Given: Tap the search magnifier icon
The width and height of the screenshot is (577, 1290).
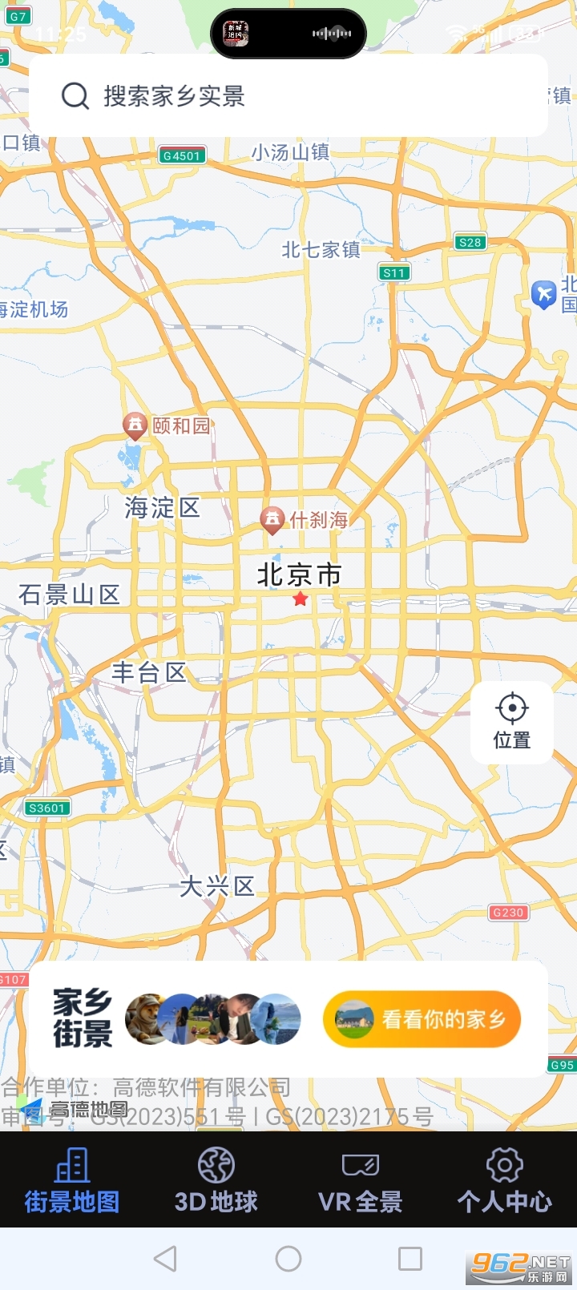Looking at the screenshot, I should pos(75,96).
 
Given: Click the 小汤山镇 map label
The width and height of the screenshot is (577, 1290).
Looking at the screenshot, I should pos(290,152).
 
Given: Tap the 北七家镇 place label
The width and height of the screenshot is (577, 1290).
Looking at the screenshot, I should pos(321,250).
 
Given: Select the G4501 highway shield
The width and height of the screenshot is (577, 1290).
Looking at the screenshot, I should pos(183,155).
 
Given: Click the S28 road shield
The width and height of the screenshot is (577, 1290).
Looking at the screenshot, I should pos(470,242).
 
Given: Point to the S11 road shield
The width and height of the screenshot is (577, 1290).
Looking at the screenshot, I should pos(394,272).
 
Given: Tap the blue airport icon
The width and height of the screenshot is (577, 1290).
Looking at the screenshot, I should pos(544,294).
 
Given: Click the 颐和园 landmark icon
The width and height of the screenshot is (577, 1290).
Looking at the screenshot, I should pos(135,425).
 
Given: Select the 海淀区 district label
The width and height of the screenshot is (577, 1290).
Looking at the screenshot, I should pos(162,508).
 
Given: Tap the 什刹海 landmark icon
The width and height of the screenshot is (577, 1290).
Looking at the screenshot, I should pos(272,519).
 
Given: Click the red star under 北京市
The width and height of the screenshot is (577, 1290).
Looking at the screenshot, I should pos(301,599).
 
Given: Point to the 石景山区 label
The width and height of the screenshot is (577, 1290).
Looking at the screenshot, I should pos(70,595).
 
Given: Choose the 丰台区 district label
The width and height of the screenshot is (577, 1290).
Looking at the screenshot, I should pos(149,673).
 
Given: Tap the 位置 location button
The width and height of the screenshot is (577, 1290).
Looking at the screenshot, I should pos(512,721).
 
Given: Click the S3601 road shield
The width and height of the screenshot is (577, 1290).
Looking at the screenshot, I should pos(47,808).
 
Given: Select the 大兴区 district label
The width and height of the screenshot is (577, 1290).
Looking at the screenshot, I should pos(216,886).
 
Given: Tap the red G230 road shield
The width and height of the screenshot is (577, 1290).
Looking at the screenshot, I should pos(508,912).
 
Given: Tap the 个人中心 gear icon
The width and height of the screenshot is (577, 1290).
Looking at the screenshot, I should pos(504,1165).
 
